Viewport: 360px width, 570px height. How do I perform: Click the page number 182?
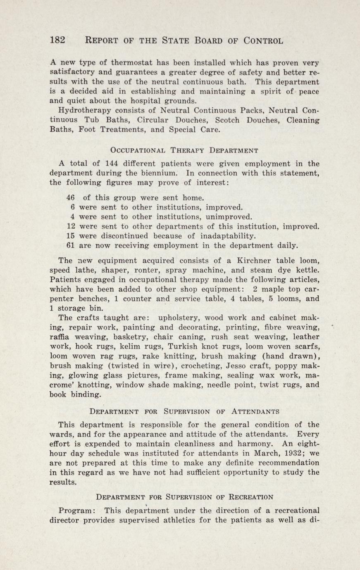pos(57,40)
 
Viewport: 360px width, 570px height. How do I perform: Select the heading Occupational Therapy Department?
pos(184,150)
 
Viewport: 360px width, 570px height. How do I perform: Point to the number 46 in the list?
pos(70,198)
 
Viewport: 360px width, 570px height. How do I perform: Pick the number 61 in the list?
pos(70,245)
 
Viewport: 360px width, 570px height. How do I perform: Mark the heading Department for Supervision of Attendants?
pos(184,411)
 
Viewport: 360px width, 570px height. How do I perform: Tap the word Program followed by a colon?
pos(77,511)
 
